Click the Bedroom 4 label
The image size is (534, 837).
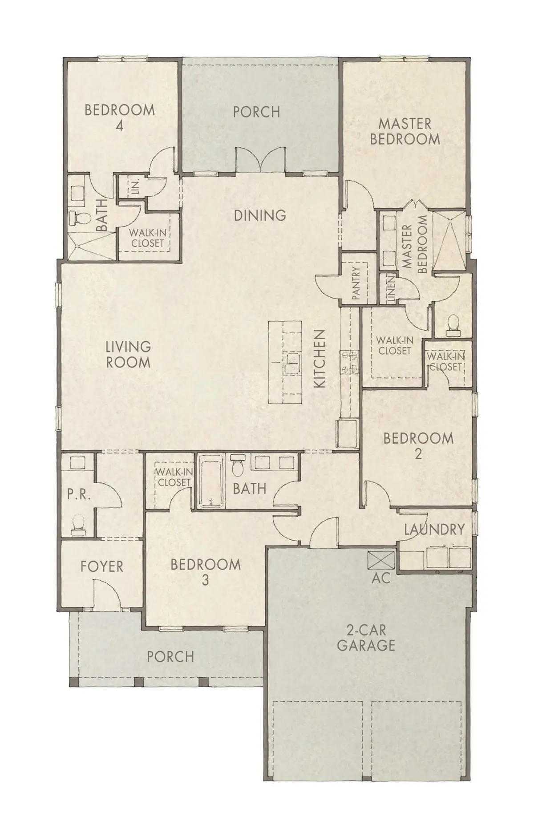119,117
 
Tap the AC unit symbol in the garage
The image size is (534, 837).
381,559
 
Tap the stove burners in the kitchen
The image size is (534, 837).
349,362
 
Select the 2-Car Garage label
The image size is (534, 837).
366,637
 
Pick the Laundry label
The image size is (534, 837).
434,529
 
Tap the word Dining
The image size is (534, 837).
260,215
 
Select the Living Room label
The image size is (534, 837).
128,354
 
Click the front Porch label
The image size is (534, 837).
170,656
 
